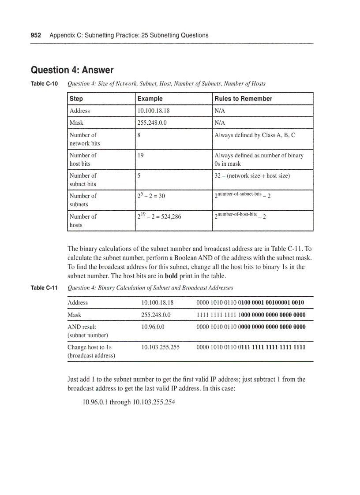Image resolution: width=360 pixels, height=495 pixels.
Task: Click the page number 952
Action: coord(36,35)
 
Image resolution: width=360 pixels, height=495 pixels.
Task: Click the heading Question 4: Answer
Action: coord(72,70)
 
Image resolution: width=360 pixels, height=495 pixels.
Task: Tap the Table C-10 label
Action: coord(44,83)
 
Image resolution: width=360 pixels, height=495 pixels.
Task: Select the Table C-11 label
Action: coord(44,288)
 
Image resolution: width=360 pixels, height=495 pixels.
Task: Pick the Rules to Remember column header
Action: coord(243,99)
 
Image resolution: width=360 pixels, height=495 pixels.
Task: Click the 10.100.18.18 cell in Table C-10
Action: coord(154,111)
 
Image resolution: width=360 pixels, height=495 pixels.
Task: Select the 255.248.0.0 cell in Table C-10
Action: coord(152,123)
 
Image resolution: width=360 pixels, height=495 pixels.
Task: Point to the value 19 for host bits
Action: coord(140,155)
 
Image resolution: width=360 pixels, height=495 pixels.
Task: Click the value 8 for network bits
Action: coord(139,135)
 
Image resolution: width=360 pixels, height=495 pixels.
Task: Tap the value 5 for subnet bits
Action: coord(139,175)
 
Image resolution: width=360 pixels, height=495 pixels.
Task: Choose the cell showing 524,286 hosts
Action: coord(159,216)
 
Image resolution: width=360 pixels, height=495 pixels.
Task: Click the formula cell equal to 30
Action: coord(151,195)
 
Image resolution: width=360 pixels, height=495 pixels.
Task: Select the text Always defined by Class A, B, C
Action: coord(255,135)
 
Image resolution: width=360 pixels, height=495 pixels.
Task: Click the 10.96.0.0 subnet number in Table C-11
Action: coord(153,327)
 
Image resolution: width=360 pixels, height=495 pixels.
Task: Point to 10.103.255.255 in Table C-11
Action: coord(160,347)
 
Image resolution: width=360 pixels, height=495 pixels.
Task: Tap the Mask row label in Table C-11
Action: coord(74,315)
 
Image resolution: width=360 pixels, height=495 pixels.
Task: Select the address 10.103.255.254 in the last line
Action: coord(154,402)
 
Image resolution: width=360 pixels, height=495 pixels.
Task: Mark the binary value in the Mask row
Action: coord(251,315)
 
